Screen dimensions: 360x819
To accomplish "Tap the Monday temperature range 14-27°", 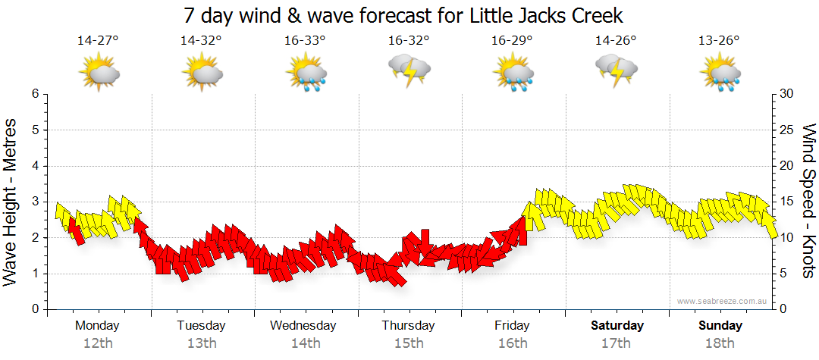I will pyautogui.click(x=98, y=40).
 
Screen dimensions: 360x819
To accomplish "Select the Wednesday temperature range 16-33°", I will pyautogui.click(x=305, y=40).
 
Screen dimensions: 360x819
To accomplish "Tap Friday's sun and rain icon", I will pyautogui.click(x=513, y=74).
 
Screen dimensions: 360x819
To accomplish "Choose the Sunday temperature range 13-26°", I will pyautogui.click(x=719, y=40).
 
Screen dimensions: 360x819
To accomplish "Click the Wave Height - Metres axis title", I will pyautogui.click(x=11, y=201).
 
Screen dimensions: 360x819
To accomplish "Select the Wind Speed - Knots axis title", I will pyautogui.click(x=808, y=201).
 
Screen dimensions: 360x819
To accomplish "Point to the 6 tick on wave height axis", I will pyautogui.click(x=34, y=94).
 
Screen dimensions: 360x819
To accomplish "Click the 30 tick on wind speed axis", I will pyautogui.click(x=787, y=94).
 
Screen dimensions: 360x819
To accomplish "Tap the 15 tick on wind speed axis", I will pyautogui.click(x=787, y=202).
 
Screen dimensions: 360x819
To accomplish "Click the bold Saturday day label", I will pyautogui.click(x=617, y=326).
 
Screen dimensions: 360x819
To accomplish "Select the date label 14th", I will pyautogui.click(x=305, y=343).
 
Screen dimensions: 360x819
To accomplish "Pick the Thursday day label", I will pyautogui.click(x=408, y=326).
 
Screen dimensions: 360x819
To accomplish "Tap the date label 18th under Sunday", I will pyautogui.click(x=720, y=343).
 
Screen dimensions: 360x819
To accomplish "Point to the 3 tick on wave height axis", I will pyautogui.click(x=34, y=202).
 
